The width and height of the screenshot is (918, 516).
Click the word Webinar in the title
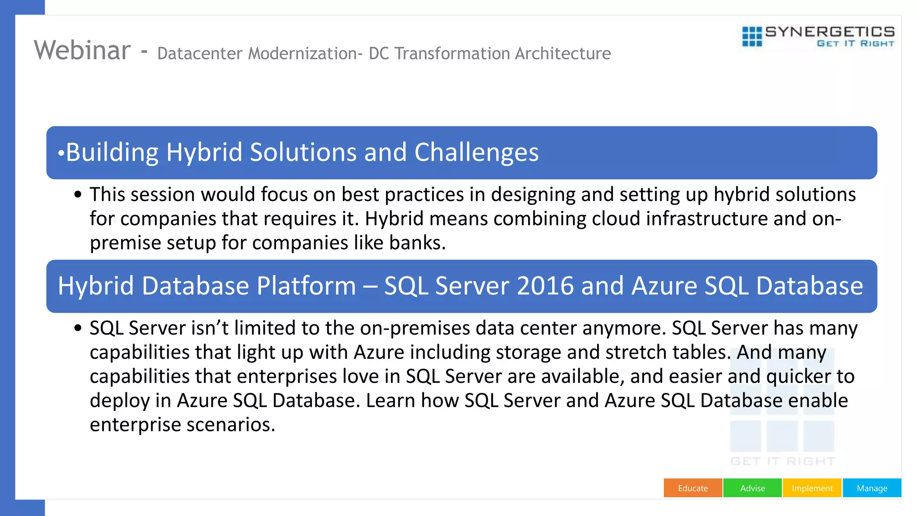pyautogui.click(x=82, y=50)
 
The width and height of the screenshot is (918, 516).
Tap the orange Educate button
pyautogui.click(x=693, y=488)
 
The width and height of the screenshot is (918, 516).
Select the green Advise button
pyautogui.click(x=753, y=488)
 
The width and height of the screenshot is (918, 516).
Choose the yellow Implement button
pyautogui.click(x=812, y=488)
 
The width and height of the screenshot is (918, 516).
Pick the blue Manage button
pyautogui.click(x=872, y=488)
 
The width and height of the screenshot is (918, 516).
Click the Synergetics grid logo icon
pyautogui.click(x=752, y=36)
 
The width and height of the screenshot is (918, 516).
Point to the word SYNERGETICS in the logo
pyautogui.click(x=830, y=31)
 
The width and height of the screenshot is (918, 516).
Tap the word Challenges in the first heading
pyautogui.click(x=476, y=152)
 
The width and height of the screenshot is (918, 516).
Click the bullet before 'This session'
pyautogui.click(x=78, y=195)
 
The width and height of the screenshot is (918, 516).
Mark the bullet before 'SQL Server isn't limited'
pyautogui.click(x=78, y=328)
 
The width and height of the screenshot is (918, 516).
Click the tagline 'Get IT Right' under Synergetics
pyautogui.click(x=855, y=43)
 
